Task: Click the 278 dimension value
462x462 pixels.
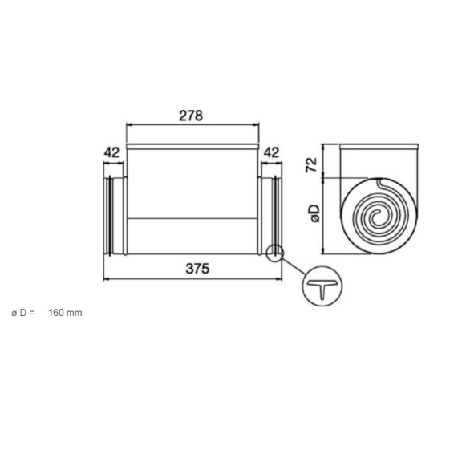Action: point(192,115)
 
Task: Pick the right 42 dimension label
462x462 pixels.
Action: point(271,152)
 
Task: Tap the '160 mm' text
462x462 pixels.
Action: point(65,312)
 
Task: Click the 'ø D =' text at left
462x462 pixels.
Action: point(23,312)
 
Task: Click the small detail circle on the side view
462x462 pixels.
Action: point(275,253)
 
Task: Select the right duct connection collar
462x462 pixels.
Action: point(270,214)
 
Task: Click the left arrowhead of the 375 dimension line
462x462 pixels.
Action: point(107,280)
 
